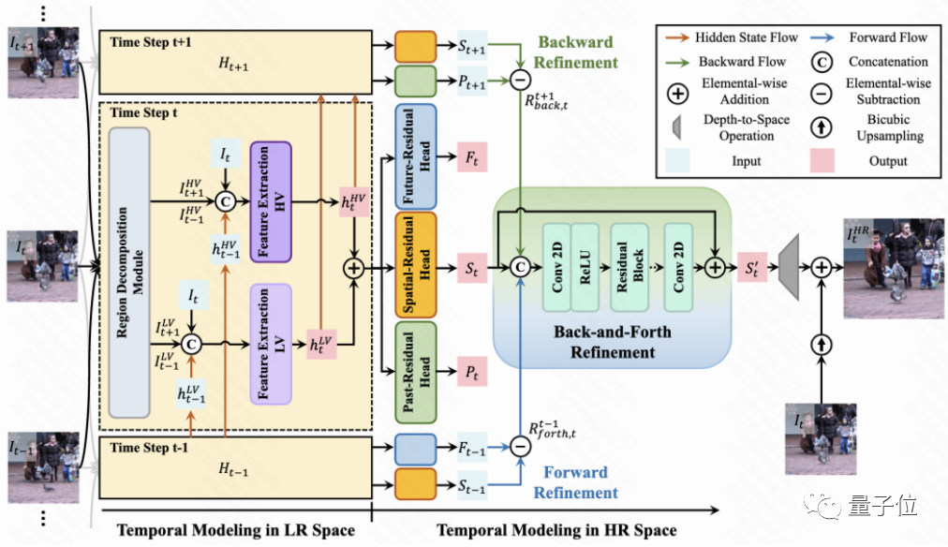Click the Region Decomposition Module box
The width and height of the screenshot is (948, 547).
[x=129, y=272]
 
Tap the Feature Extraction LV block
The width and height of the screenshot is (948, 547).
[x=272, y=344]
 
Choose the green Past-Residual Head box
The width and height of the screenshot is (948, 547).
[x=417, y=373]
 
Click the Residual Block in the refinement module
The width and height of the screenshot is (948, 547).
[x=629, y=268]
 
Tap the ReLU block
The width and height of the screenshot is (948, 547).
[x=585, y=268]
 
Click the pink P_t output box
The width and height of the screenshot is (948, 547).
[x=472, y=373]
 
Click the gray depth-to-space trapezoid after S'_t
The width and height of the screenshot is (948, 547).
[x=791, y=268]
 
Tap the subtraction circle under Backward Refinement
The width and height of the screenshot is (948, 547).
[x=520, y=81]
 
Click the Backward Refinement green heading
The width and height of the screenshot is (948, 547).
[x=576, y=52]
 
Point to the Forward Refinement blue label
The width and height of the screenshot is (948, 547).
[x=576, y=482]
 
